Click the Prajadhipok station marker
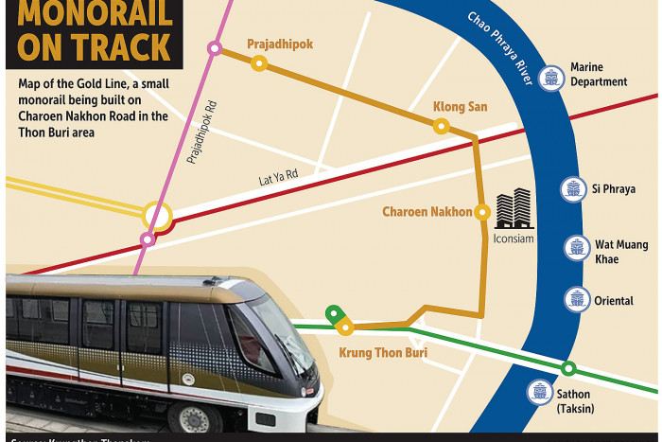258,63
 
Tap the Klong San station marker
440,126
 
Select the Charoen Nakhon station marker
481,212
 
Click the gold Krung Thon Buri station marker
346,327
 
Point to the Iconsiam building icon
514,208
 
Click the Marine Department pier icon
549,78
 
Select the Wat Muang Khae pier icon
576,248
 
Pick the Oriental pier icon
576,300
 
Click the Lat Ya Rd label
278,176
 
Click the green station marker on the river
567,368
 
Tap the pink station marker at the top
216,47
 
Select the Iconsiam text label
514,239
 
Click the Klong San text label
460,106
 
